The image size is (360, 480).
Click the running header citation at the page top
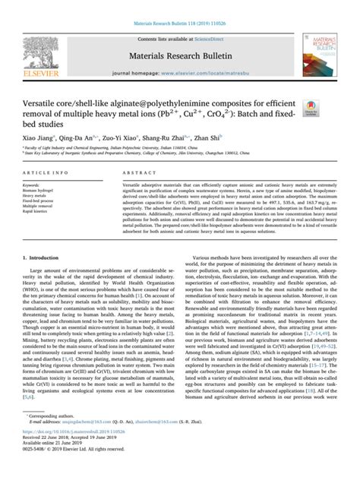pos(179,5)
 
